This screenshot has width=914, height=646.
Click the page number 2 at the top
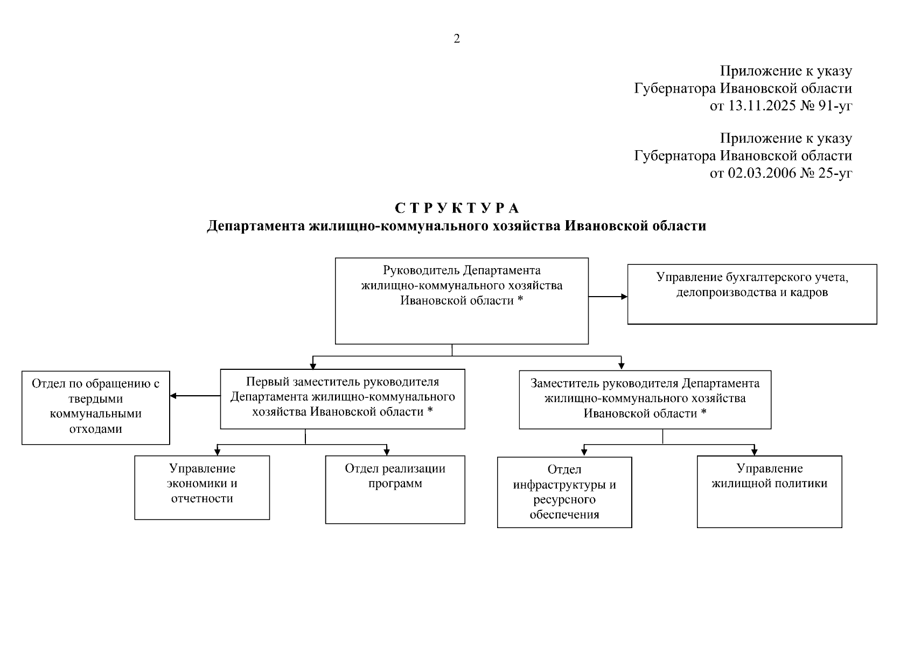(457, 39)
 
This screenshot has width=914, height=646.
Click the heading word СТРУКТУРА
(457, 208)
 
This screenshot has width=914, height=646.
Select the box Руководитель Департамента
(462, 301)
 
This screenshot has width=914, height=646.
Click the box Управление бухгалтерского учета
(752, 294)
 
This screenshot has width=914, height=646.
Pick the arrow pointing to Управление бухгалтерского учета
(624, 297)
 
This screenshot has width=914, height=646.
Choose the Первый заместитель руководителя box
(343, 399)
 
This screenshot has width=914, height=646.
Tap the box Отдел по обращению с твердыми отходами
(96, 408)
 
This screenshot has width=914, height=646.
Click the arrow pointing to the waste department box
(173, 396)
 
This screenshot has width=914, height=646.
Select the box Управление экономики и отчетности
(202, 487)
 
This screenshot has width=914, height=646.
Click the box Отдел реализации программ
(395, 489)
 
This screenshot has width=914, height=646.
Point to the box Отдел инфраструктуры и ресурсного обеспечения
(564, 492)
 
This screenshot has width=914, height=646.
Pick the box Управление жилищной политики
(769, 491)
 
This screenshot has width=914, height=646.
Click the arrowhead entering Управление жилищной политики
(755, 452)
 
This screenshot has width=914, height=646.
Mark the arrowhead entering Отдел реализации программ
(387, 452)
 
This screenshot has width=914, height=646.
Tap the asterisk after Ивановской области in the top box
(520, 300)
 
